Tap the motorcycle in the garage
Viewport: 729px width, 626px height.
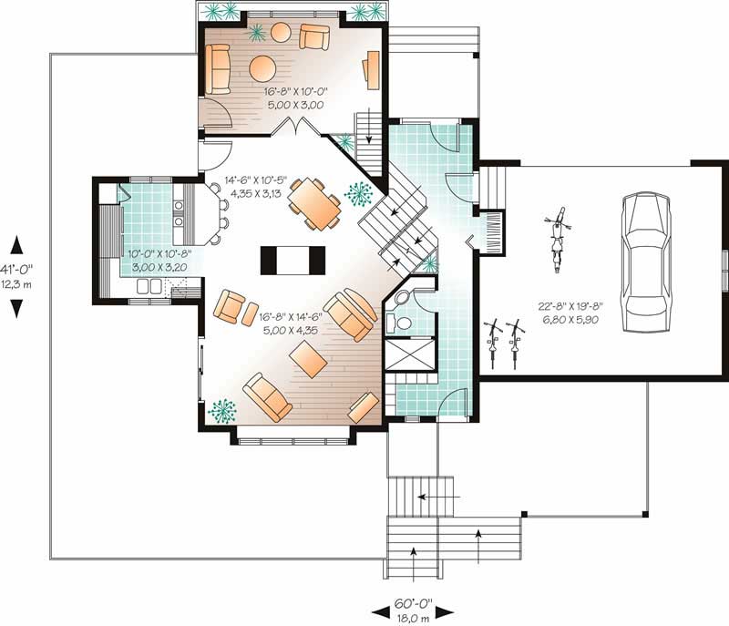[x=555, y=241]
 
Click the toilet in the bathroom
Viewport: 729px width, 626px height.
[x=395, y=321]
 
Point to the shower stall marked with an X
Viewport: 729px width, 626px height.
[x=408, y=354]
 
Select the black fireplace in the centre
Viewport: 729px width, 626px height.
[x=293, y=260]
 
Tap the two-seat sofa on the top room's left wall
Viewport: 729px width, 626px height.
[x=218, y=69]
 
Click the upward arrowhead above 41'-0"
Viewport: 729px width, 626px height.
[x=16, y=244]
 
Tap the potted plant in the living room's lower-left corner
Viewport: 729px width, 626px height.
[x=221, y=411]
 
